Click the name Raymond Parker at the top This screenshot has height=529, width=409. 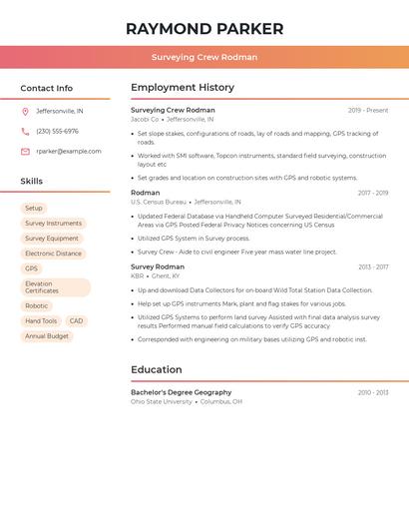204,29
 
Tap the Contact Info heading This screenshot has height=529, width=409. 47,88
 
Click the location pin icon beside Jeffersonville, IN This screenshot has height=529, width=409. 25,112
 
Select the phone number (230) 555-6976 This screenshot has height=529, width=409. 57,132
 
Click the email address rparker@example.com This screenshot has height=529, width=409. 69,152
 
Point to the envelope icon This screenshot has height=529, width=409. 25,152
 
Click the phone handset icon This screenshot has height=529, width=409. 25,132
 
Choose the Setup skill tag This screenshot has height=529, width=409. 34,209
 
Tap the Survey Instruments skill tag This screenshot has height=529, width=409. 54,224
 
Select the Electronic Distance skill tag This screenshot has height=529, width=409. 54,254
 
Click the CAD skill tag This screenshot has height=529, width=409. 76,321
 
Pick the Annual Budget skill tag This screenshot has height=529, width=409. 47,336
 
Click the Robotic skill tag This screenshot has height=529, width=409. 37,306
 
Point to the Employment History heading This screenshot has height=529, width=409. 183,88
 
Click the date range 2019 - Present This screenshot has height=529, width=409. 368,111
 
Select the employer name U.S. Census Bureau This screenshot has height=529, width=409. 159,202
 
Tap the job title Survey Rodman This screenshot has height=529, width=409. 158,267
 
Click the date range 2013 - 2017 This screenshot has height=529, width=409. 373,267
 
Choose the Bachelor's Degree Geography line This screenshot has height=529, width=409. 181,392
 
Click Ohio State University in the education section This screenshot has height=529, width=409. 162,401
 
